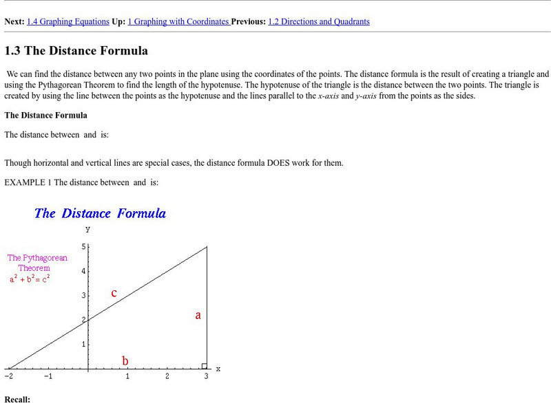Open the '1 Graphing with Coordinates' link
click(181, 21)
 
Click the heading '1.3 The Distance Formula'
click(76, 51)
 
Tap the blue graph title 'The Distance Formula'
click(100, 213)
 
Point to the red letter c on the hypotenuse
click(114, 294)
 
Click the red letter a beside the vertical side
click(198, 316)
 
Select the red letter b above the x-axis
click(125, 360)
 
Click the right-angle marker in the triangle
click(204, 365)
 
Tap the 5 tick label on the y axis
click(83, 246)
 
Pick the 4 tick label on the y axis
click(83, 271)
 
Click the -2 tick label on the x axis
click(8, 377)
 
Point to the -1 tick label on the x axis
click(48, 377)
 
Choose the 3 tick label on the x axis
click(206, 377)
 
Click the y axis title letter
click(87, 229)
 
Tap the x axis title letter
click(218, 369)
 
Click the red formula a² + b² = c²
click(30, 279)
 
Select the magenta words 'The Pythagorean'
click(37, 258)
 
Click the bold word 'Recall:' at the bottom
click(17, 399)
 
